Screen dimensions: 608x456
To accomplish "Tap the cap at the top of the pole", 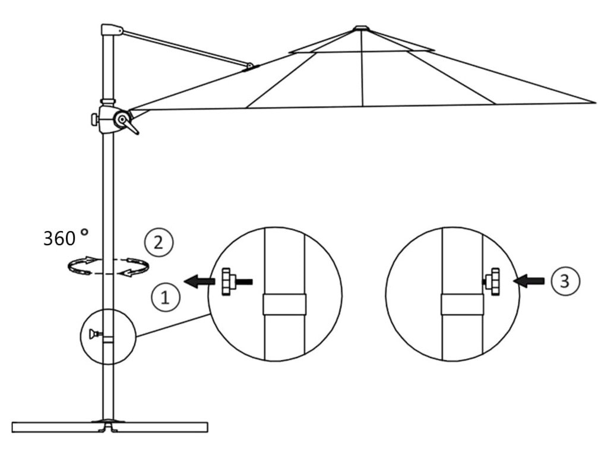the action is coord(111,30).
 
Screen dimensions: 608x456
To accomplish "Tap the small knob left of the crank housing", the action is coord(94,119).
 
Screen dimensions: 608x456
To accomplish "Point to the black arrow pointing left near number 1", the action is coord(197,281).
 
